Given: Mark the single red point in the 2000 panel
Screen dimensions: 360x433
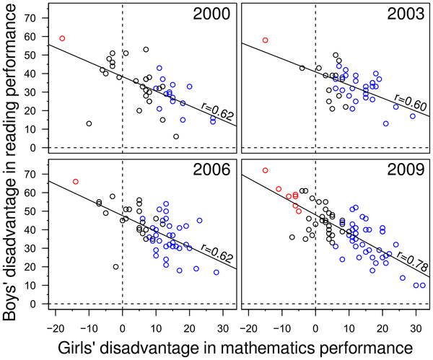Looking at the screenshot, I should [62, 38].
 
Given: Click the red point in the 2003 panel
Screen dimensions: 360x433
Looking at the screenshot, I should [265, 40].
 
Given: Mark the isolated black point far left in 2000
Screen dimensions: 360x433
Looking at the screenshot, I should [89, 123].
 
